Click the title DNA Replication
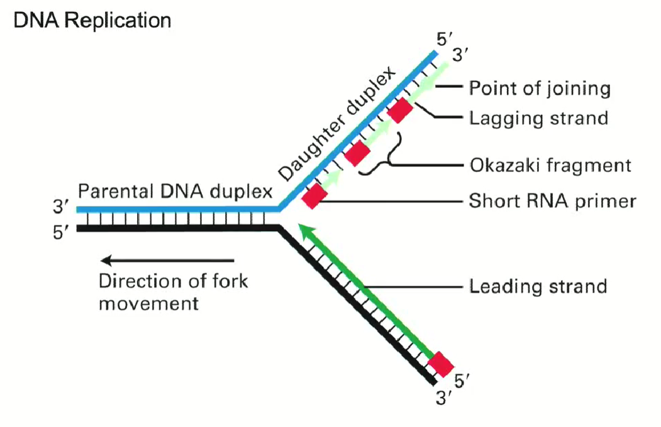click(92, 20)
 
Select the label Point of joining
click(540, 88)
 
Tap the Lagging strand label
click(539, 117)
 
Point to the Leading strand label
click(538, 287)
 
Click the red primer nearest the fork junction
click(315, 196)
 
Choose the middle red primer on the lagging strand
click(357, 153)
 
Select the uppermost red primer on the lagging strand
click(400, 111)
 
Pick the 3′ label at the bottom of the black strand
click(444, 397)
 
